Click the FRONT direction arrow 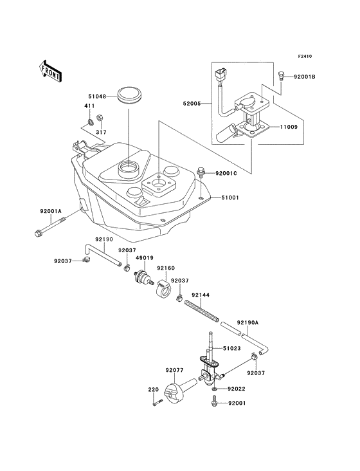coord(51,71)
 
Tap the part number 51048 coord(97,96)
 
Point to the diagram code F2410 coord(305,56)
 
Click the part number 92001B coord(305,77)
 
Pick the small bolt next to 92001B coord(281,76)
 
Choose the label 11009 coord(289,127)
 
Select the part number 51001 coord(230,198)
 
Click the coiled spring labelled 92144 coord(202,311)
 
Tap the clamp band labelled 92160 coord(163,286)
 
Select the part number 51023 coord(231,349)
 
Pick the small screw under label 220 coord(157,403)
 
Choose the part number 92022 coord(237,389)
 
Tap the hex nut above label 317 coord(99,118)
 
